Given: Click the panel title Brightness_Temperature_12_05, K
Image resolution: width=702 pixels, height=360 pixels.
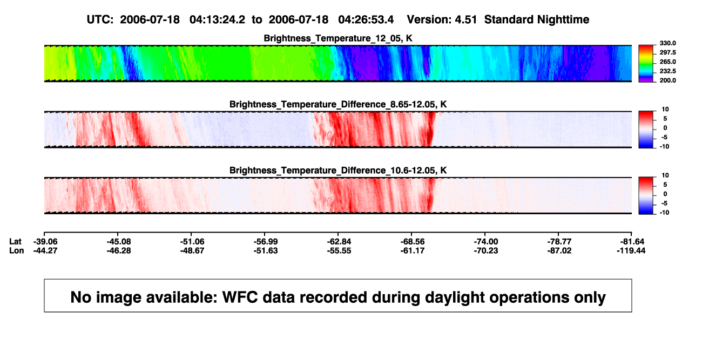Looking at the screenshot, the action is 338,38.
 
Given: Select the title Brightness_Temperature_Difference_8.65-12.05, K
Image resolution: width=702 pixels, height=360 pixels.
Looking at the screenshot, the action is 338,104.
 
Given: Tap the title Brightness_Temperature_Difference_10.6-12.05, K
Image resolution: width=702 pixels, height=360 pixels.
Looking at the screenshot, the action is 338,171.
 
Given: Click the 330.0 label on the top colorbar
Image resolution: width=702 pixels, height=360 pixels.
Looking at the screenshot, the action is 667,43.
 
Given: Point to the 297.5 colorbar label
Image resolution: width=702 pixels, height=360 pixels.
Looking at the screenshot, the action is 667,52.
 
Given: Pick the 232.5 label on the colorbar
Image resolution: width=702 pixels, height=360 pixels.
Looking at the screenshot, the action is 667,71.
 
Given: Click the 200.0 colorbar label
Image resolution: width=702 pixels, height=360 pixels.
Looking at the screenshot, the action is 667,80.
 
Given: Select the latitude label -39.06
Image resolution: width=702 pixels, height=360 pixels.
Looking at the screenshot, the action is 45,242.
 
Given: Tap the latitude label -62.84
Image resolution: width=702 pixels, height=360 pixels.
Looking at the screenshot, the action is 339,242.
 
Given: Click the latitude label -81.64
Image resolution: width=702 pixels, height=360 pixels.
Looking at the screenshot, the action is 632,242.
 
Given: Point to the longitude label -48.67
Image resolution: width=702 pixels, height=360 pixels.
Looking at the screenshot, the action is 192,250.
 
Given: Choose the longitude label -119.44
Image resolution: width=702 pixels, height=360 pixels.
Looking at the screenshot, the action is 631,250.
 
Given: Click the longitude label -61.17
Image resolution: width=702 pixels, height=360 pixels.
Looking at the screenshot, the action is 413,250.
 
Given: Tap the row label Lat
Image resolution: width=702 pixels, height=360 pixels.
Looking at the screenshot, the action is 15,242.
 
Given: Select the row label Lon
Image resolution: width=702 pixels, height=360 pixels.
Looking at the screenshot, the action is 17,250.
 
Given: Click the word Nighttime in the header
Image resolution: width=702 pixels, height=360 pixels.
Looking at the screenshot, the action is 563,20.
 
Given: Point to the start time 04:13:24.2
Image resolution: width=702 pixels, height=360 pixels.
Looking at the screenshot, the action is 217,20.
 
